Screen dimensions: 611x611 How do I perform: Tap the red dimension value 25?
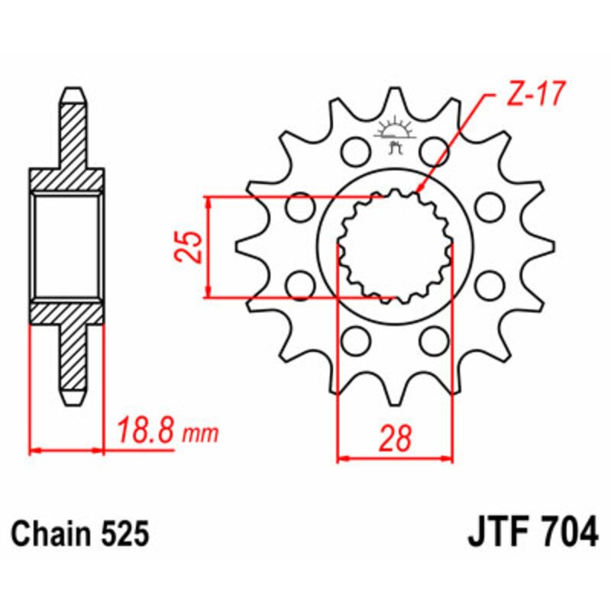pyautogui.click(x=193, y=246)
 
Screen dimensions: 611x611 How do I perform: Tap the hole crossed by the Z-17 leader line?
pyautogui.click(x=435, y=150)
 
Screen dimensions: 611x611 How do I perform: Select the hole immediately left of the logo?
pyautogui.click(x=354, y=150)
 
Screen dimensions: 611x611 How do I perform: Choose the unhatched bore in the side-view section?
pyautogui.click(x=67, y=245)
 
